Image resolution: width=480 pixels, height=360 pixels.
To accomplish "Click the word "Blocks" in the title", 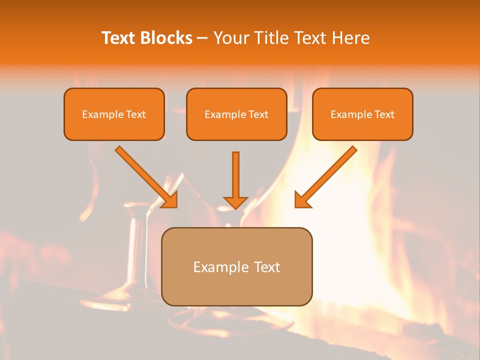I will pos(166,38).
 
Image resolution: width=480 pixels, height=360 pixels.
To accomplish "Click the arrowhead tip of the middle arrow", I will pos(235,206).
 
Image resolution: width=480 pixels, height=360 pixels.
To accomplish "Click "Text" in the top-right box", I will pos(384,114).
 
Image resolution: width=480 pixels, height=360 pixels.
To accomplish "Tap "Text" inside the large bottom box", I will pos(268,267).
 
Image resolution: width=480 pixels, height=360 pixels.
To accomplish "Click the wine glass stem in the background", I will pos(134,250).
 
